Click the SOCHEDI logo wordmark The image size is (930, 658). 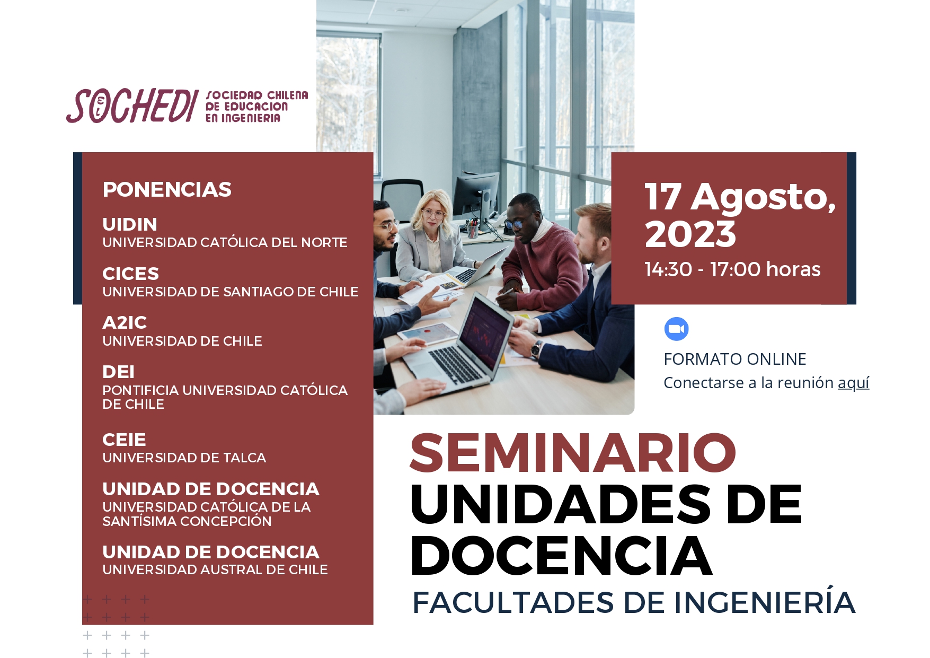point(132,106)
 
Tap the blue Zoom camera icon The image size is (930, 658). point(676,329)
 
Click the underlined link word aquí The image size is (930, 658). point(853,383)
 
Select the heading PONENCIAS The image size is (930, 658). point(167,189)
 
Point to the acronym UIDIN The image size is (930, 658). point(130,224)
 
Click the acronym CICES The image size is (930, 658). point(130,274)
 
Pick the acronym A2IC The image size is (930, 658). point(125,322)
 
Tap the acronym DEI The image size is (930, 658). point(118,372)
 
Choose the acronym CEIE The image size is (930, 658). point(124,440)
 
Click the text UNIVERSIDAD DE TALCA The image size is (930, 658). point(184,458)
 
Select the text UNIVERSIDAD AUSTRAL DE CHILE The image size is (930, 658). point(215,569)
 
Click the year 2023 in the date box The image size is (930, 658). point(690,234)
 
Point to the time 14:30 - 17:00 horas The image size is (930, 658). point(732,269)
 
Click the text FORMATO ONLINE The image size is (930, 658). point(735,359)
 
